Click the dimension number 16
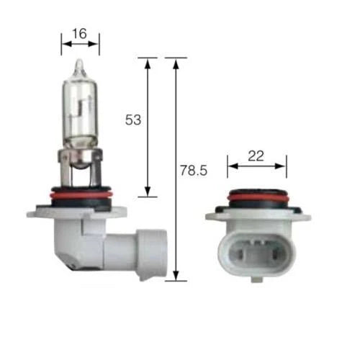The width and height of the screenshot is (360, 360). pos(79,34)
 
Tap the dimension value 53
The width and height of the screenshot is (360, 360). pos(133,120)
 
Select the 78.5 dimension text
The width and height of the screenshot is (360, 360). pos(194,171)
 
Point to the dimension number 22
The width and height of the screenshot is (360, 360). pos(256,156)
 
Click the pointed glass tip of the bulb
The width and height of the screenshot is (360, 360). pos(79,65)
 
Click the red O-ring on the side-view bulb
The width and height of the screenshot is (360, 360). pos(81,195)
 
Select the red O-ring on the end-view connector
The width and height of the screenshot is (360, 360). pos(257,198)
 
